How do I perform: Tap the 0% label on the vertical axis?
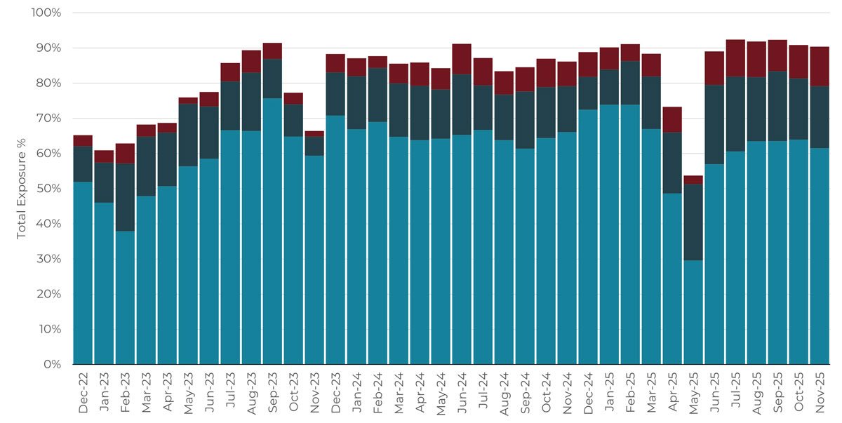(x=53, y=365)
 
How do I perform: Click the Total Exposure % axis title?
(x=22, y=189)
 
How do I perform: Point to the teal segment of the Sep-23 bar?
(x=272, y=231)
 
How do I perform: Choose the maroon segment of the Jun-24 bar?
(x=462, y=59)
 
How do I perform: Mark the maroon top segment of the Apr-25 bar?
(x=672, y=119)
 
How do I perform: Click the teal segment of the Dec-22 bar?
(x=83, y=274)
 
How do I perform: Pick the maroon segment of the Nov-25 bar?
(x=820, y=67)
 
